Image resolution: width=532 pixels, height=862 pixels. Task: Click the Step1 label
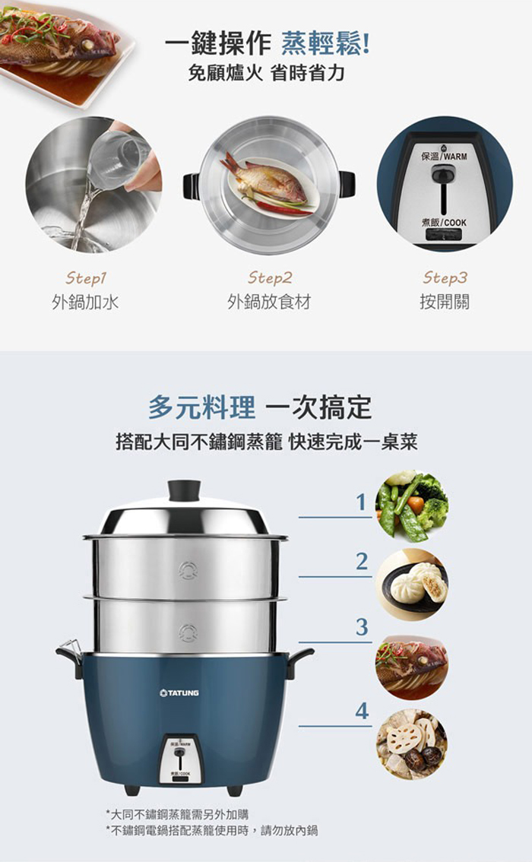[x=86, y=277]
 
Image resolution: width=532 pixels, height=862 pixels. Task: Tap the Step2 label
[x=269, y=277]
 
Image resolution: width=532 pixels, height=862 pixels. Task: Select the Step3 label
[x=445, y=277]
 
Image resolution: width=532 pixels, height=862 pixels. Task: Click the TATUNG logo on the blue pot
[x=179, y=692]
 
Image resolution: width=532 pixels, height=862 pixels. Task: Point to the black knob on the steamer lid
[x=184, y=490]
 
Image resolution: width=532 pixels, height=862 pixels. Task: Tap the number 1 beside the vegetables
[x=360, y=502]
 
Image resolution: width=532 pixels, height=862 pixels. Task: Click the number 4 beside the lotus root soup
[x=361, y=711]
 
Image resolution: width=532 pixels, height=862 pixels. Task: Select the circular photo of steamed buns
[x=412, y=585]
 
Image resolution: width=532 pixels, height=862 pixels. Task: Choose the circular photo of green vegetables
[x=412, y=506]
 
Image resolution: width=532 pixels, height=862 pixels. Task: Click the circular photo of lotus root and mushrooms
[x=412, y=744]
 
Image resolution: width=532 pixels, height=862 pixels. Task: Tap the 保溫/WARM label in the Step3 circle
[x=444, y=156]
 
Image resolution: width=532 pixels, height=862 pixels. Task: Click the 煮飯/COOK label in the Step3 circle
[x=444, y=223]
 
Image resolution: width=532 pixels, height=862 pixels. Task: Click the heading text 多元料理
[x=201, y=407]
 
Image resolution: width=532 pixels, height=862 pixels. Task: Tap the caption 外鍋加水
[x=85, y=302]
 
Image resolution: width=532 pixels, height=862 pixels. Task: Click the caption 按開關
[x=445, y=302]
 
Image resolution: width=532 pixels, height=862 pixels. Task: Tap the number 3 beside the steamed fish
[x=361, y=626]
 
